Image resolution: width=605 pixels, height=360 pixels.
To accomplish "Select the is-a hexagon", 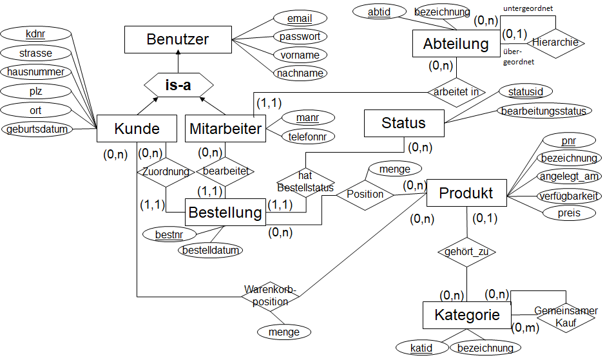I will tap(178, 85).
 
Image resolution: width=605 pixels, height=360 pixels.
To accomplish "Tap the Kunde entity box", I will tap(137, 129).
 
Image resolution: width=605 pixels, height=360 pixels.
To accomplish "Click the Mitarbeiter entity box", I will tap(226, 129).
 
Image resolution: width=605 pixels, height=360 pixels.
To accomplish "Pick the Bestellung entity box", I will tap(225, 212).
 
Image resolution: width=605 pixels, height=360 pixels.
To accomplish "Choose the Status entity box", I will tap(404, 123).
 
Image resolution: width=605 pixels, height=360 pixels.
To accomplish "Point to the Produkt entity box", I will tap(466, 193).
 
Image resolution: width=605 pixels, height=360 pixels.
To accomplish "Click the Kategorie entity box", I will tap(467, 315).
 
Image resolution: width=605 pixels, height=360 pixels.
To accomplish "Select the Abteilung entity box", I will tap(456, 44).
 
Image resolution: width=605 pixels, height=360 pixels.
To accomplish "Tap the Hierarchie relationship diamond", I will tap(556, 43).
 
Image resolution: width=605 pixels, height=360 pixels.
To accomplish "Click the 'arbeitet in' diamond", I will tap(456, 91).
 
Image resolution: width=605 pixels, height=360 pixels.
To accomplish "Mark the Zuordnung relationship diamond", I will tap(166, 171).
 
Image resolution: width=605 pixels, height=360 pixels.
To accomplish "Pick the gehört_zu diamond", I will tap(466, 252).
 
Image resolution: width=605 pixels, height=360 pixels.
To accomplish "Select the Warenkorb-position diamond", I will tap(271, 296).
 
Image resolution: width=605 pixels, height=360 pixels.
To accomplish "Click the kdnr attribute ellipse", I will tap(35, 33).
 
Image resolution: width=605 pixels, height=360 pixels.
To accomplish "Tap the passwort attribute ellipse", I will tap(300, 37).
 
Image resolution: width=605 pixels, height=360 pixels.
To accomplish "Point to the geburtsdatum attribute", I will tap(37, 129).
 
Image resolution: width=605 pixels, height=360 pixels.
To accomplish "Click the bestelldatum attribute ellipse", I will tap(210, 250).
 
